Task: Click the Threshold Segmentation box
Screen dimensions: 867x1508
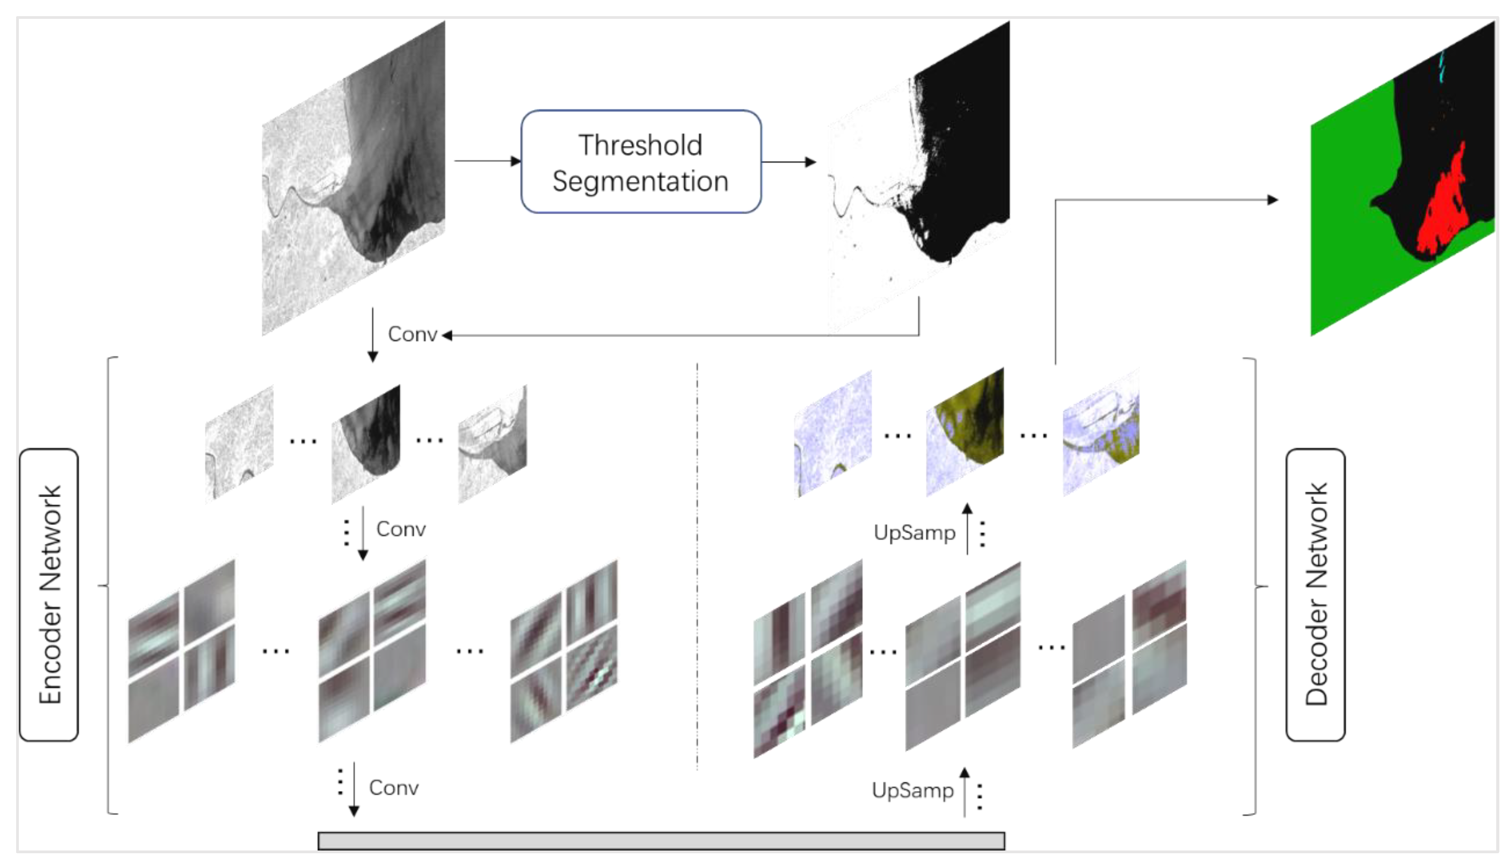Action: tap(641, 161)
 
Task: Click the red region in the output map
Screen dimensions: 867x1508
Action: tap(1444, 208)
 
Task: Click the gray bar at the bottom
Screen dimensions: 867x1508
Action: tap(661, 841)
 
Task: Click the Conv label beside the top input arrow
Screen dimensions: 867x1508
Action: tap(412, 335)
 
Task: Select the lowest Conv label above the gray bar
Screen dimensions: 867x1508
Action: tap(394, 788)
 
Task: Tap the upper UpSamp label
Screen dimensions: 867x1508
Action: tap(914, 532)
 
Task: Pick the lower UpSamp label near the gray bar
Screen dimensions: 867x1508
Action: tap(912, 791)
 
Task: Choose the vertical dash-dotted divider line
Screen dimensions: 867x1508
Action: tap(697, 566)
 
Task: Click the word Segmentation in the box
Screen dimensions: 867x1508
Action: tap(641, 181)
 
